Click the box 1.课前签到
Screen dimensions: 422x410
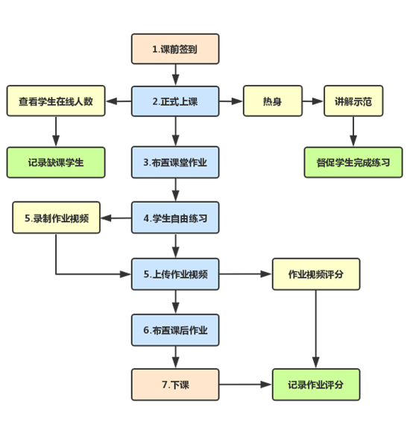coord(175,49)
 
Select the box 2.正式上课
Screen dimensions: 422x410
coord(175,101)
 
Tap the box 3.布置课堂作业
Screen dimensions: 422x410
coord(175,162)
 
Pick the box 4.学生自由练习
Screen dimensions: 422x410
coord(175,218)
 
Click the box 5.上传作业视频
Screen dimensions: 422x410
coord(175,274)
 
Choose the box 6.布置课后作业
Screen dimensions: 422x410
coord(175,329)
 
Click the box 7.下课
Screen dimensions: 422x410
coord(175,384)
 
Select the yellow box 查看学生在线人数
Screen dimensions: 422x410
coord(56,101)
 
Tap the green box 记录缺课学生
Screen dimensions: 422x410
coord(56,162)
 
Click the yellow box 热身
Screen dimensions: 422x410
coord(273,101)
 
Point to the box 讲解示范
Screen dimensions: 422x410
coord(353,101)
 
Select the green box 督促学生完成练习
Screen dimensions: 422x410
coord(353,162)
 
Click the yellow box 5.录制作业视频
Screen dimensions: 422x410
coord(56,218)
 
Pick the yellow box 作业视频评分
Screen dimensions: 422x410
coord(316,274)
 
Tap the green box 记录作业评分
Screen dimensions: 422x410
coord(316,384)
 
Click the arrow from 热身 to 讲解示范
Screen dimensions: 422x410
coord(312,101)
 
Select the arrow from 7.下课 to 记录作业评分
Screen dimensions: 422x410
coord(246,384)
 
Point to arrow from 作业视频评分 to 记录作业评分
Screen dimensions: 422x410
coord(316,328)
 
